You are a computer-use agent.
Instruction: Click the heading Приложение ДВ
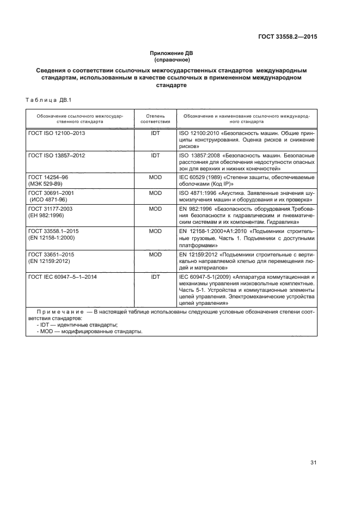172,53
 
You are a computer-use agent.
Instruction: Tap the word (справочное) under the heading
172,60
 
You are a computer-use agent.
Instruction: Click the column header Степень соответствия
155,119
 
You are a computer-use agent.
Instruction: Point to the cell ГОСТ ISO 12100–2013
57,133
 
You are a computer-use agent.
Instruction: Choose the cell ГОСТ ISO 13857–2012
57,156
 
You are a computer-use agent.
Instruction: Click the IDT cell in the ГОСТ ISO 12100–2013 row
155,133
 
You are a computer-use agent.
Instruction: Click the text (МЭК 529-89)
46,184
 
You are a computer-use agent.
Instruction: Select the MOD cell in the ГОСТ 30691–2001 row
155,193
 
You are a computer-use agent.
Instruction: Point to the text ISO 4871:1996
197,193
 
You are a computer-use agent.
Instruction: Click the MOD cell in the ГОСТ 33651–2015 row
155,254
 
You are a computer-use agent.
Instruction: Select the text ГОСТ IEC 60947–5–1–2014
63,277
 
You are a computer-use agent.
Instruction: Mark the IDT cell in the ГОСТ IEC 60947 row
155,277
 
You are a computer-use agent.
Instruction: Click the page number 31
313,463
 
